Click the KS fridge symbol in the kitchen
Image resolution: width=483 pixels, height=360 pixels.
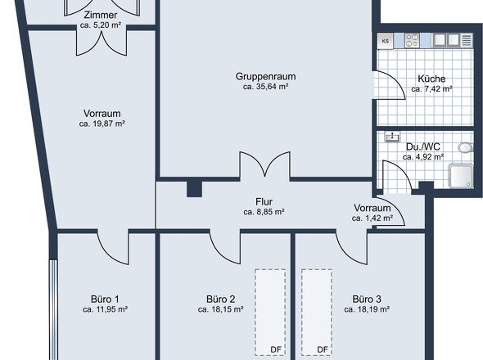pos(385,40)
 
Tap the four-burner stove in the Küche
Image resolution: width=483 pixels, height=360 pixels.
pos(409,39)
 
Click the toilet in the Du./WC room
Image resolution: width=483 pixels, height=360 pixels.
pos(466,148)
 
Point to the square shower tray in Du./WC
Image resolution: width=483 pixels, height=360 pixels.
pos(459,176)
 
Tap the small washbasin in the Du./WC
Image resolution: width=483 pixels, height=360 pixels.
pos(394,137)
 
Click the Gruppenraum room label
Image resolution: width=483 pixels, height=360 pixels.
pos(265,76)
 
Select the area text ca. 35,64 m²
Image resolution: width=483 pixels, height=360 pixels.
pos(265,87)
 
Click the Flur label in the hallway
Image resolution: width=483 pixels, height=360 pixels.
pos(264,201)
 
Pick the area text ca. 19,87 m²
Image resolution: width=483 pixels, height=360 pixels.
pos(102,124)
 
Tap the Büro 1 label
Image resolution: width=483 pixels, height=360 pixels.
pos(105,299)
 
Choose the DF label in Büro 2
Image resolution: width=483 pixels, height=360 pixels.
pos(276,349)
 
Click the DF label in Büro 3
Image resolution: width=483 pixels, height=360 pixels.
pos(323,349)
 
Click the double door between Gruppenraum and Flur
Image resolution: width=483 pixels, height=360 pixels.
pos(264,166)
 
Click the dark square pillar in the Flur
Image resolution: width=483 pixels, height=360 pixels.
pos(194,188)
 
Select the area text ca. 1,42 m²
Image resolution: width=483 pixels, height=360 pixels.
pos(372,218)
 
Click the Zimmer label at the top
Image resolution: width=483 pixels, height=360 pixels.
pos(99,16)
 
